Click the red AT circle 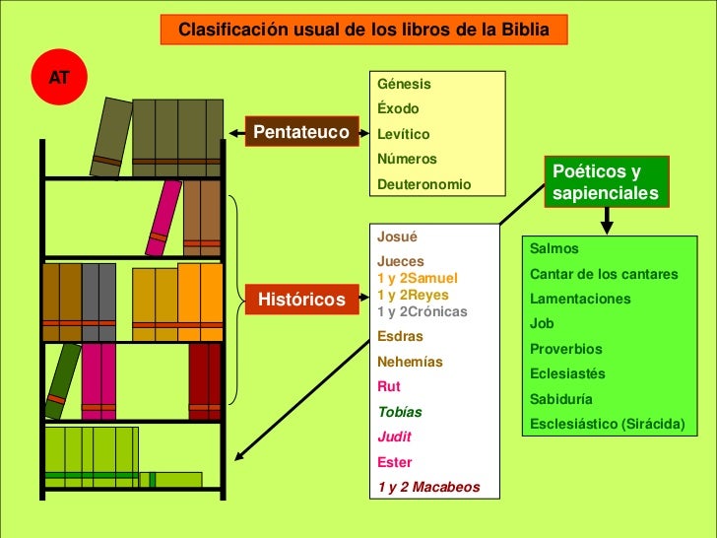click(59, 76)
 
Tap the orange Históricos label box click(301, 299)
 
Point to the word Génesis click(404, 84)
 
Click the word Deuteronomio click(424, 184)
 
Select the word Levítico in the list click(404, 134)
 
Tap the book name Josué click(398, 236)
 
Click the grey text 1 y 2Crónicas click(423, 312)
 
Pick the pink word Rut click(389, 386)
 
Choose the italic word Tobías click(400, 412)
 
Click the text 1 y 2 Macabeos click(428, 487)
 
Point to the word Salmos click(554, 248)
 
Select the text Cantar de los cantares click(604, 273)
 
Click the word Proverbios click(565, 349)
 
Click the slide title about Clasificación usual click(363, 30)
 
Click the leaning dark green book click(62, 380)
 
